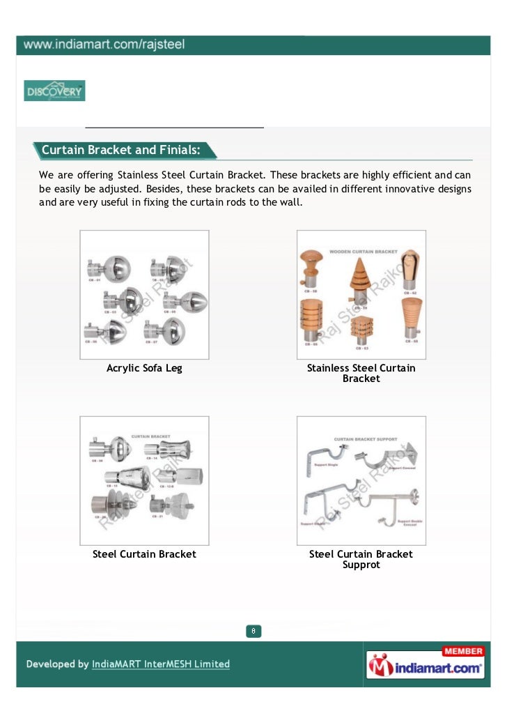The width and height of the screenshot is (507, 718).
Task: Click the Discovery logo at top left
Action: point(54,91)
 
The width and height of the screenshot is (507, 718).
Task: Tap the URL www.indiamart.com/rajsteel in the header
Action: point(104,45)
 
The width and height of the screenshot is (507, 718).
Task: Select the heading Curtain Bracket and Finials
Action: point(121,150)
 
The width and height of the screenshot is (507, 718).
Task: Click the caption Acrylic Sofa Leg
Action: point(144,368)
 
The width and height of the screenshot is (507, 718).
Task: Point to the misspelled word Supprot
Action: point(361,565)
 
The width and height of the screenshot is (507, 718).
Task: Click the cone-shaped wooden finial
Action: point(360,280)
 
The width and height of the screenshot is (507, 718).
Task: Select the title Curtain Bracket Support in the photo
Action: point(366,439)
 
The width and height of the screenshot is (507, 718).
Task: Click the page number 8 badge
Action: point(254,631)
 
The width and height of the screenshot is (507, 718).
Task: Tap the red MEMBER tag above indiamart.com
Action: point(462,651)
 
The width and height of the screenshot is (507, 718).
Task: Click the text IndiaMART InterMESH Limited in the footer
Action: point(161,664)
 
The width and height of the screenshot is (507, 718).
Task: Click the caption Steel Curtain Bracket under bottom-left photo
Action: point(144,554)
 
